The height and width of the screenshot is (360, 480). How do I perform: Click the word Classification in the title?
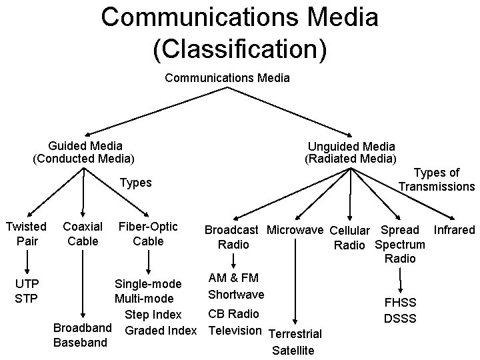click(x=239, y=49)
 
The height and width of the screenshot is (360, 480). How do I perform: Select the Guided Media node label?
click(x=85, y=145)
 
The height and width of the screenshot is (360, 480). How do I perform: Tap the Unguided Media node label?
click(x=351, y=146)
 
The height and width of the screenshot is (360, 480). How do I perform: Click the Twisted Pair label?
click(x=26, y=233)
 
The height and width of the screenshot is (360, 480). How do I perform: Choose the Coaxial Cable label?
click(x=83, y=233)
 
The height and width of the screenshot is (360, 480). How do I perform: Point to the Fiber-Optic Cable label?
click(x=147, y=233)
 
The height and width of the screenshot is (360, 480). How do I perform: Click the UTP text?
click(x=27, y=284)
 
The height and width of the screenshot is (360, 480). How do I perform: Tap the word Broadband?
click(x=81, y=329)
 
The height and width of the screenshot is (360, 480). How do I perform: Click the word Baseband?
click(x=80, y=343)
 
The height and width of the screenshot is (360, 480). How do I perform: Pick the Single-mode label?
click(x=148, y=285)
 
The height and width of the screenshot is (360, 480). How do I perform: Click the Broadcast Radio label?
click(x=232, y=237)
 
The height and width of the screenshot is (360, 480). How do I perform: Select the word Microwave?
click(x=295, y=230)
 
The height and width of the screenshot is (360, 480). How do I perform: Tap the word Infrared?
click(x=454, y=230)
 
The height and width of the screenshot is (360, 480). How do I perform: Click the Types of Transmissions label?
click(x=437, y=180)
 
